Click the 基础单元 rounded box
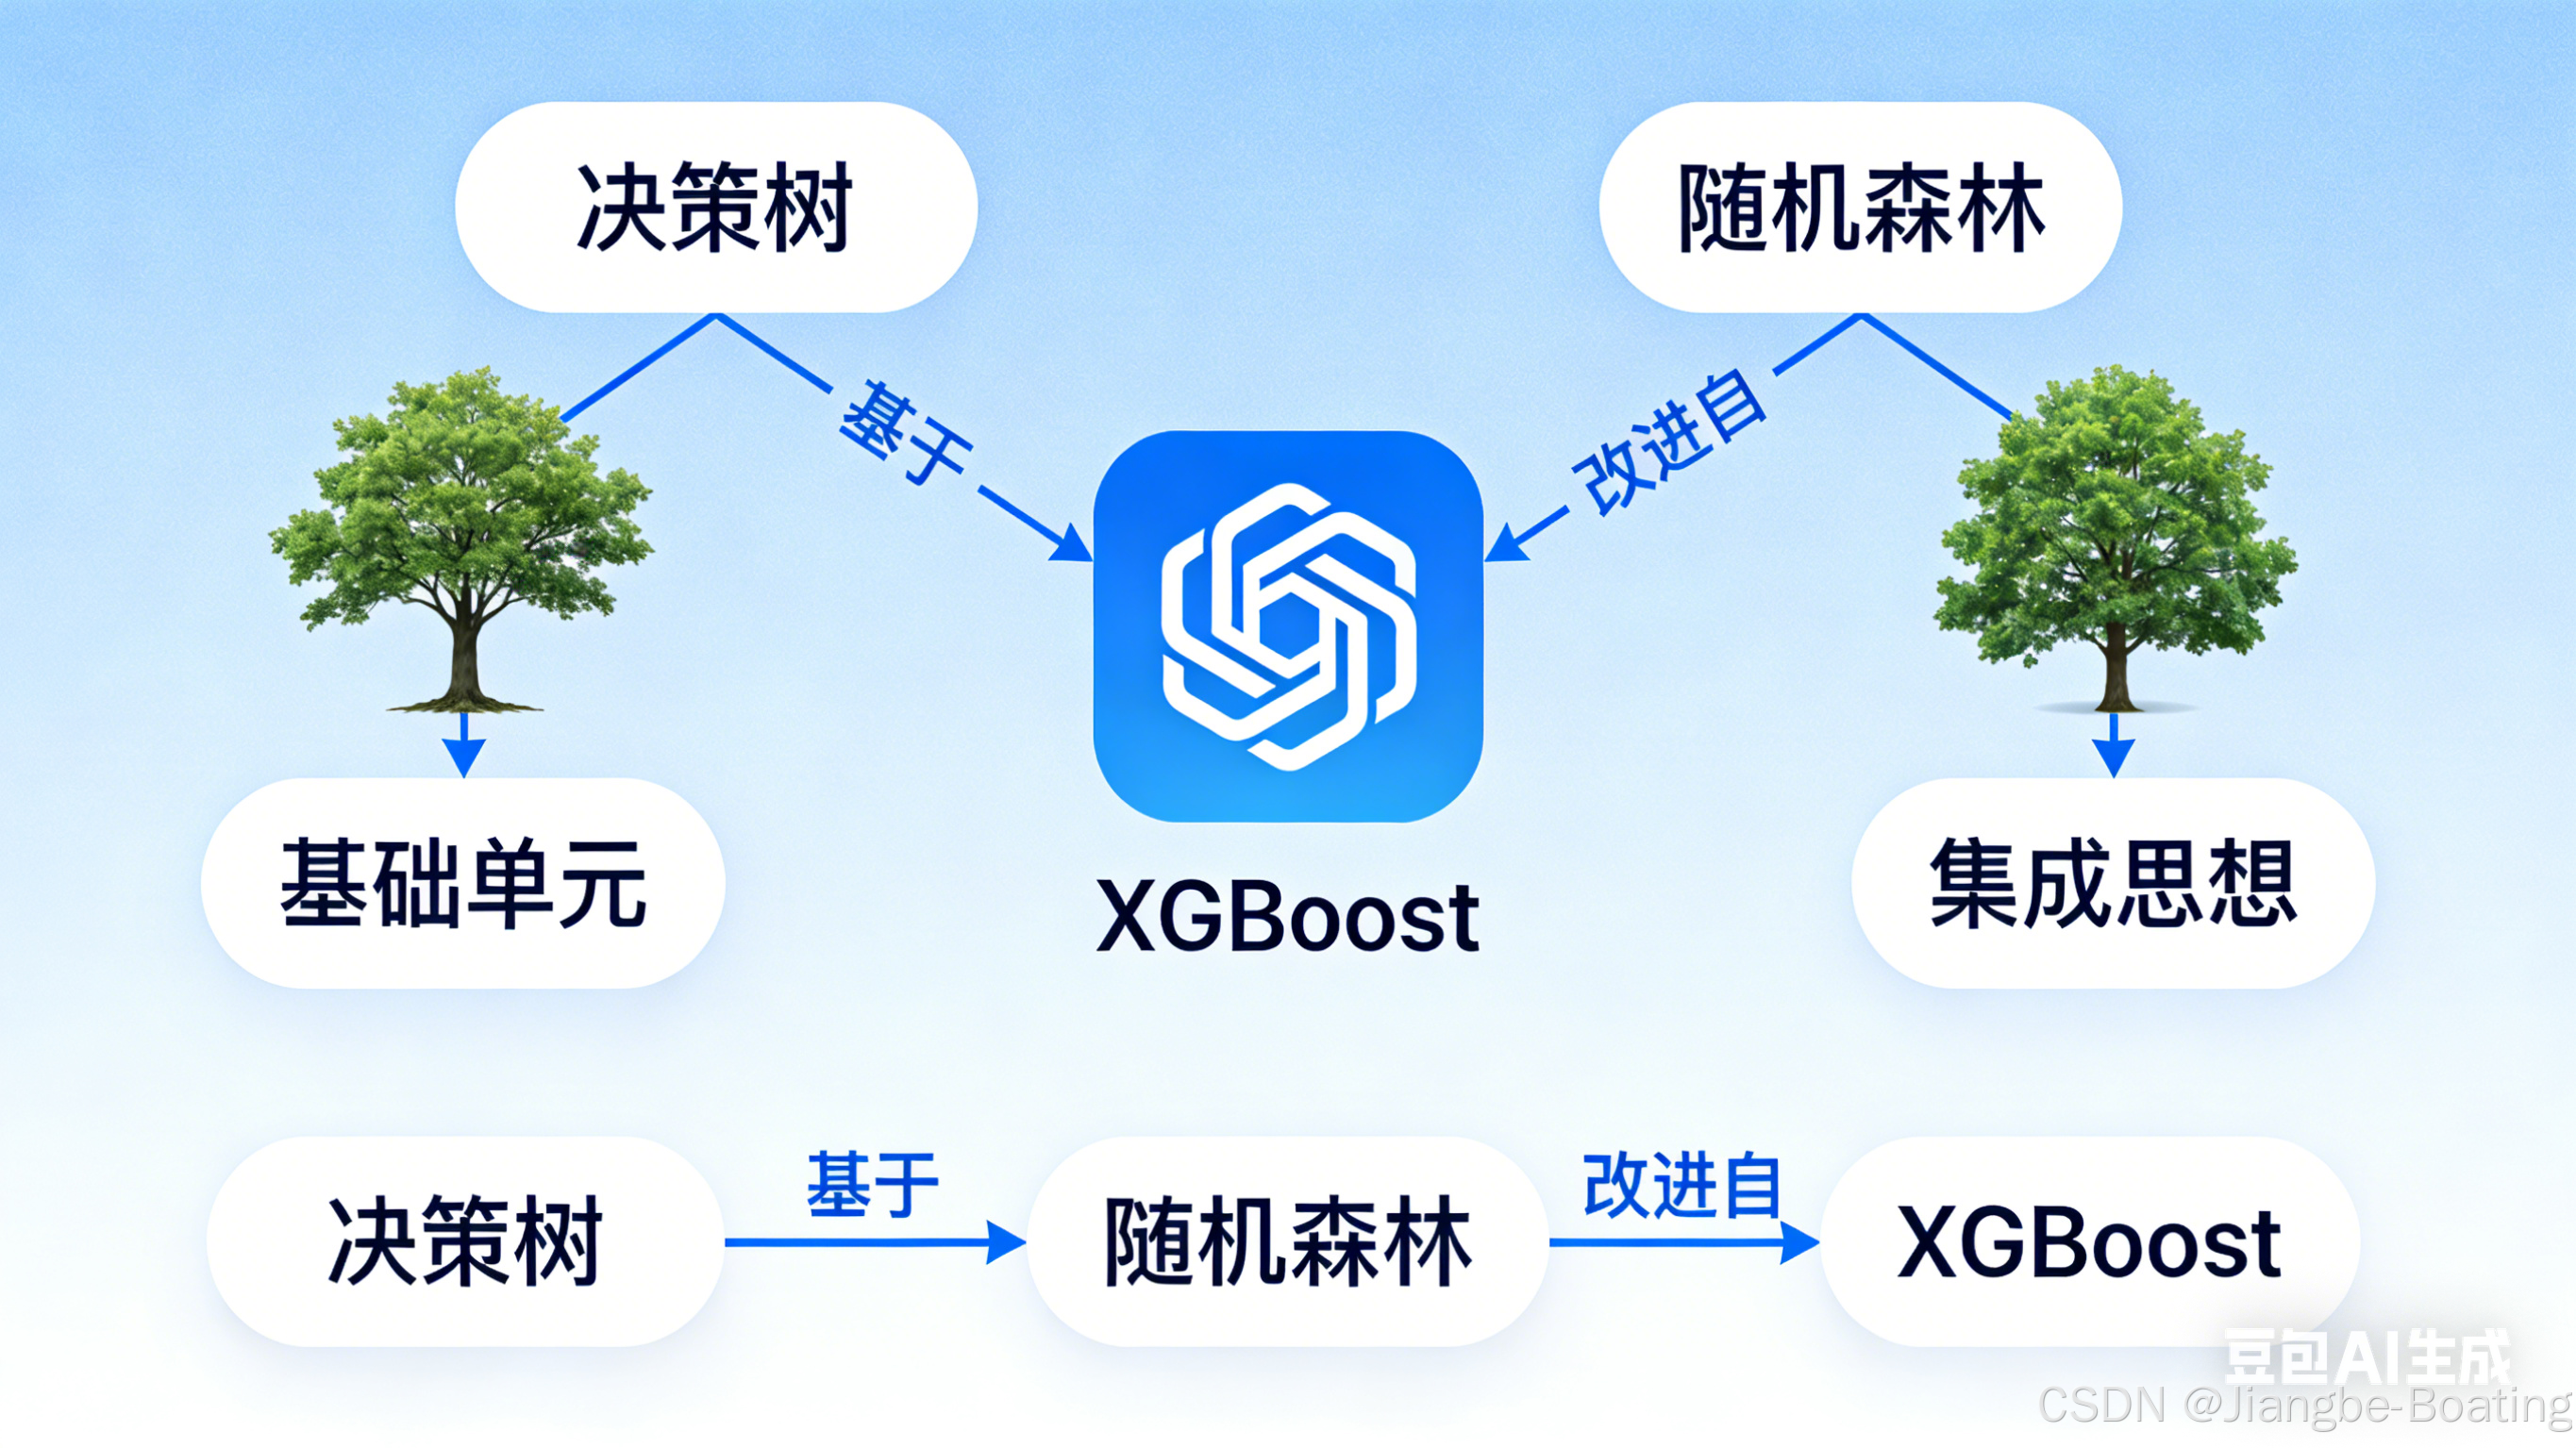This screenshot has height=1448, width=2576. point(462,883)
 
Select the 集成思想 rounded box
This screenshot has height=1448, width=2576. point(2112,883)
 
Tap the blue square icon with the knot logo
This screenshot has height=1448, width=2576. point(1288,626)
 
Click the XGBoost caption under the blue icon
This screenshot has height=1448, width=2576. point(1288,917)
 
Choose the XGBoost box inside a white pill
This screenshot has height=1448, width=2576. point(2090,1242)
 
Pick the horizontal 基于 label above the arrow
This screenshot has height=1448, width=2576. point(872,1185)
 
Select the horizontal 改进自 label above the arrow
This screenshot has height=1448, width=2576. point(1682,1186)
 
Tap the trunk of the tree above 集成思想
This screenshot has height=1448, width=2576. point(2114,665)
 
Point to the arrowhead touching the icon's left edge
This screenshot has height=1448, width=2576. point(1073,545)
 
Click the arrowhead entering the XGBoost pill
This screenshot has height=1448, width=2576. point(1800,1243)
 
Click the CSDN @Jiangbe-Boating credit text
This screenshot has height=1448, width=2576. point(2305,1405)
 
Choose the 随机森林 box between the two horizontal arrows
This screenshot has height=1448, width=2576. point(1288,1242)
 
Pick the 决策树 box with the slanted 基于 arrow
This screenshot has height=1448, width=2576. point(716,207)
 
